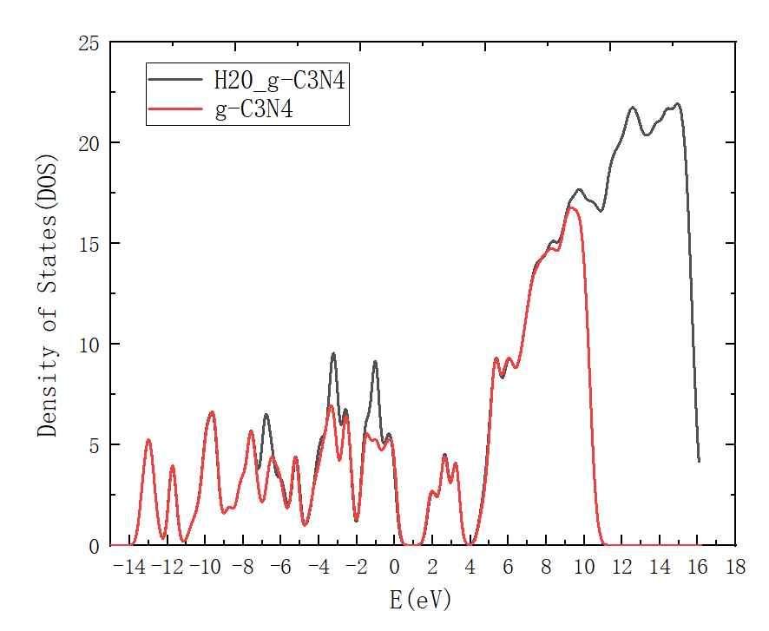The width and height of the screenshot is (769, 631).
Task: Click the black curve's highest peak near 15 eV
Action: tap(677, 104)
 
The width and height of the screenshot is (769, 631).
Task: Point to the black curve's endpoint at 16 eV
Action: tap(699, 461)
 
